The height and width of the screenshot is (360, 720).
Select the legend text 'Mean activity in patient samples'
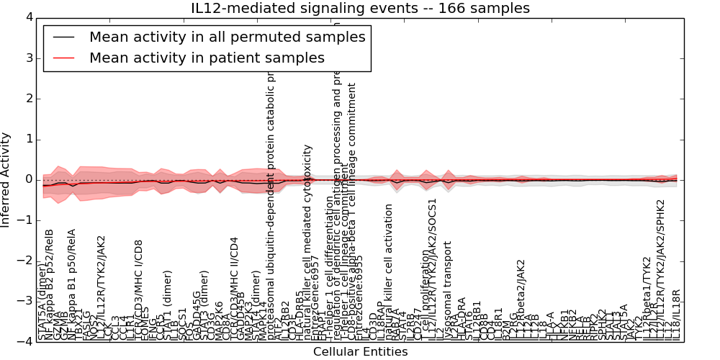pyautogui.click(x=207, y=58)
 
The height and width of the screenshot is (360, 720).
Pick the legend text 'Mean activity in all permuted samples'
pyautogui.click(x=227, y=37)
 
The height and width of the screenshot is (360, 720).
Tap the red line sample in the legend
pyautogui.click(x=63, y=58)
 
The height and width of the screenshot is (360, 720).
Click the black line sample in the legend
pyautogui.click(x=63, y=37)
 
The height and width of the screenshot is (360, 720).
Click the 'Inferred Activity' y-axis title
pyautogui.click(x=6, y=179)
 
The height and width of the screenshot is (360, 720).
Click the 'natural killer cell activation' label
pyautogui.click(x=389, y=272)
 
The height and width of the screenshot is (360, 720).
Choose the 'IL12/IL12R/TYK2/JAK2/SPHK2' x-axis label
pyautogui.click(x=660, y=269)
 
